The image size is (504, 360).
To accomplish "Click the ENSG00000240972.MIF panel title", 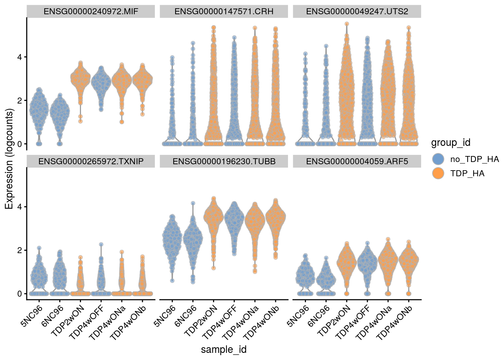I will click(x=91, y=11).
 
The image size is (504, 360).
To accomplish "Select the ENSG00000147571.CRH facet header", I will click(x=224, y=11).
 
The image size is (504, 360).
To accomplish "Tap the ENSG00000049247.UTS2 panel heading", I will click(x=357, y=11).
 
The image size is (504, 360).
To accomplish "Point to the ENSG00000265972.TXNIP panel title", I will click(x=91, y=161).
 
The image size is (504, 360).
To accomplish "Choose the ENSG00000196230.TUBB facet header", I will click(x=224, y=161).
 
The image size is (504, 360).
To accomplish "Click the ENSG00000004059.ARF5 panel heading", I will click(x=357, y=161).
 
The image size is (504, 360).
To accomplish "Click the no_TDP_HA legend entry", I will click(x=474, y=159).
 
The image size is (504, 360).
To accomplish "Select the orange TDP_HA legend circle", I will click(x=438, y=173).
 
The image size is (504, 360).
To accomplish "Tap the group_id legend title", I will click(x=450, y=143).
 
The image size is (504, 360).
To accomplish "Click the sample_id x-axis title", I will click(x=224, y=349).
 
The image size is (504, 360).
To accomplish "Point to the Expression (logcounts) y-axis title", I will click(x=9, y=159).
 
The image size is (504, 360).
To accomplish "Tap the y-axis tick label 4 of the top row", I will click(x=20, y=57).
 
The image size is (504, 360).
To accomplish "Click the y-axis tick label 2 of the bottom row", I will click(x=20, y=250).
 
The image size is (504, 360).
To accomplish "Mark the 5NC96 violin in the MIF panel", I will click(x=39, y=112).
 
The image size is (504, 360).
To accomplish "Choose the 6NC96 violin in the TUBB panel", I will click(x=193, y=240).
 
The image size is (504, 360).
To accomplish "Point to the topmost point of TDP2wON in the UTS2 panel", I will click(x=347, y=24).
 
